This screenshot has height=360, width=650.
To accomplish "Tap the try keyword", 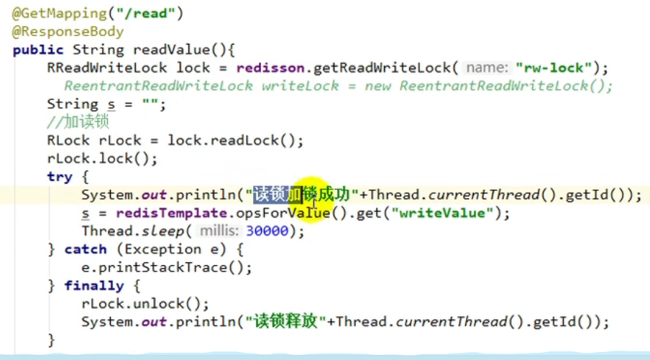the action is click(60, 177).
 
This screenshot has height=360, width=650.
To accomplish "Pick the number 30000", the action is click(266, 231).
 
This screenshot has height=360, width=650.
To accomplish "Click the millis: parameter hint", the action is click(219, 231).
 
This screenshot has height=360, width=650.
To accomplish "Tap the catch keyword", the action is click(85, 249).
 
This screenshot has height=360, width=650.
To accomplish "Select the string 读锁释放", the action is click(285, 321).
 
